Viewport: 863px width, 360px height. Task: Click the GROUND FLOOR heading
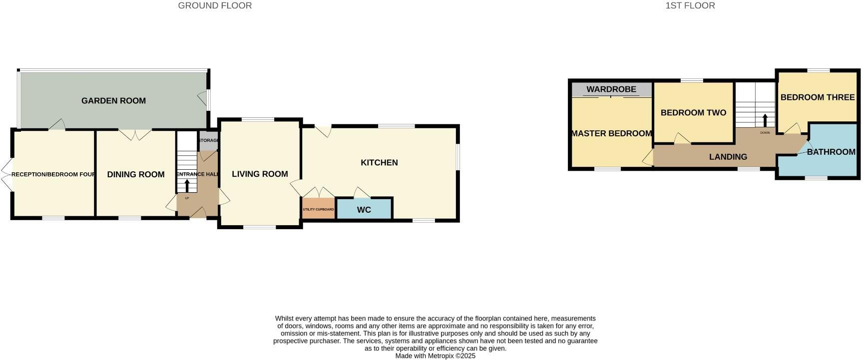[215, 6]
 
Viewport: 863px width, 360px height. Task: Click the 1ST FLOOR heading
[690, 6]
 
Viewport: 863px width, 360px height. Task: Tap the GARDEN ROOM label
[113, 101]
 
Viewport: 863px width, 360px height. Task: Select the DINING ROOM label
[136, 174]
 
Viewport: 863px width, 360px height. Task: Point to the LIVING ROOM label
[260, 174]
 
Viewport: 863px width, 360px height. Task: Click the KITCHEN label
[379, 162]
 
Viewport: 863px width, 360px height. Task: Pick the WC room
[364, 210]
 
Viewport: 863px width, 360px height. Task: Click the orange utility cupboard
[318, 209]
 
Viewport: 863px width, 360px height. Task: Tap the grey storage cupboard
[208, 141]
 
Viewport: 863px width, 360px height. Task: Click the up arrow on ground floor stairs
[187, 185]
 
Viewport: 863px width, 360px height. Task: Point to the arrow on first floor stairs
[765, 120]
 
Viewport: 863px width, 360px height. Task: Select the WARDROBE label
[611, 89]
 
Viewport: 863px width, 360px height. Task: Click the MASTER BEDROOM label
[611, 133]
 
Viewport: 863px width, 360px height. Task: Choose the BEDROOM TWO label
[693, 113]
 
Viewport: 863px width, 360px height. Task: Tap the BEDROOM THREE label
[818, 97]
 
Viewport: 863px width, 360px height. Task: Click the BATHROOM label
[831, 152]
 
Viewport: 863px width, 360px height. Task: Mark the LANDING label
[728, 157]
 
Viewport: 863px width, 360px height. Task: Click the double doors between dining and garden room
[135, 134]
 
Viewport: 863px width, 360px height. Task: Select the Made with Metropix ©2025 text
[435, 356]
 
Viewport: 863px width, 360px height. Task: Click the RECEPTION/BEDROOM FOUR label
[53, 174]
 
